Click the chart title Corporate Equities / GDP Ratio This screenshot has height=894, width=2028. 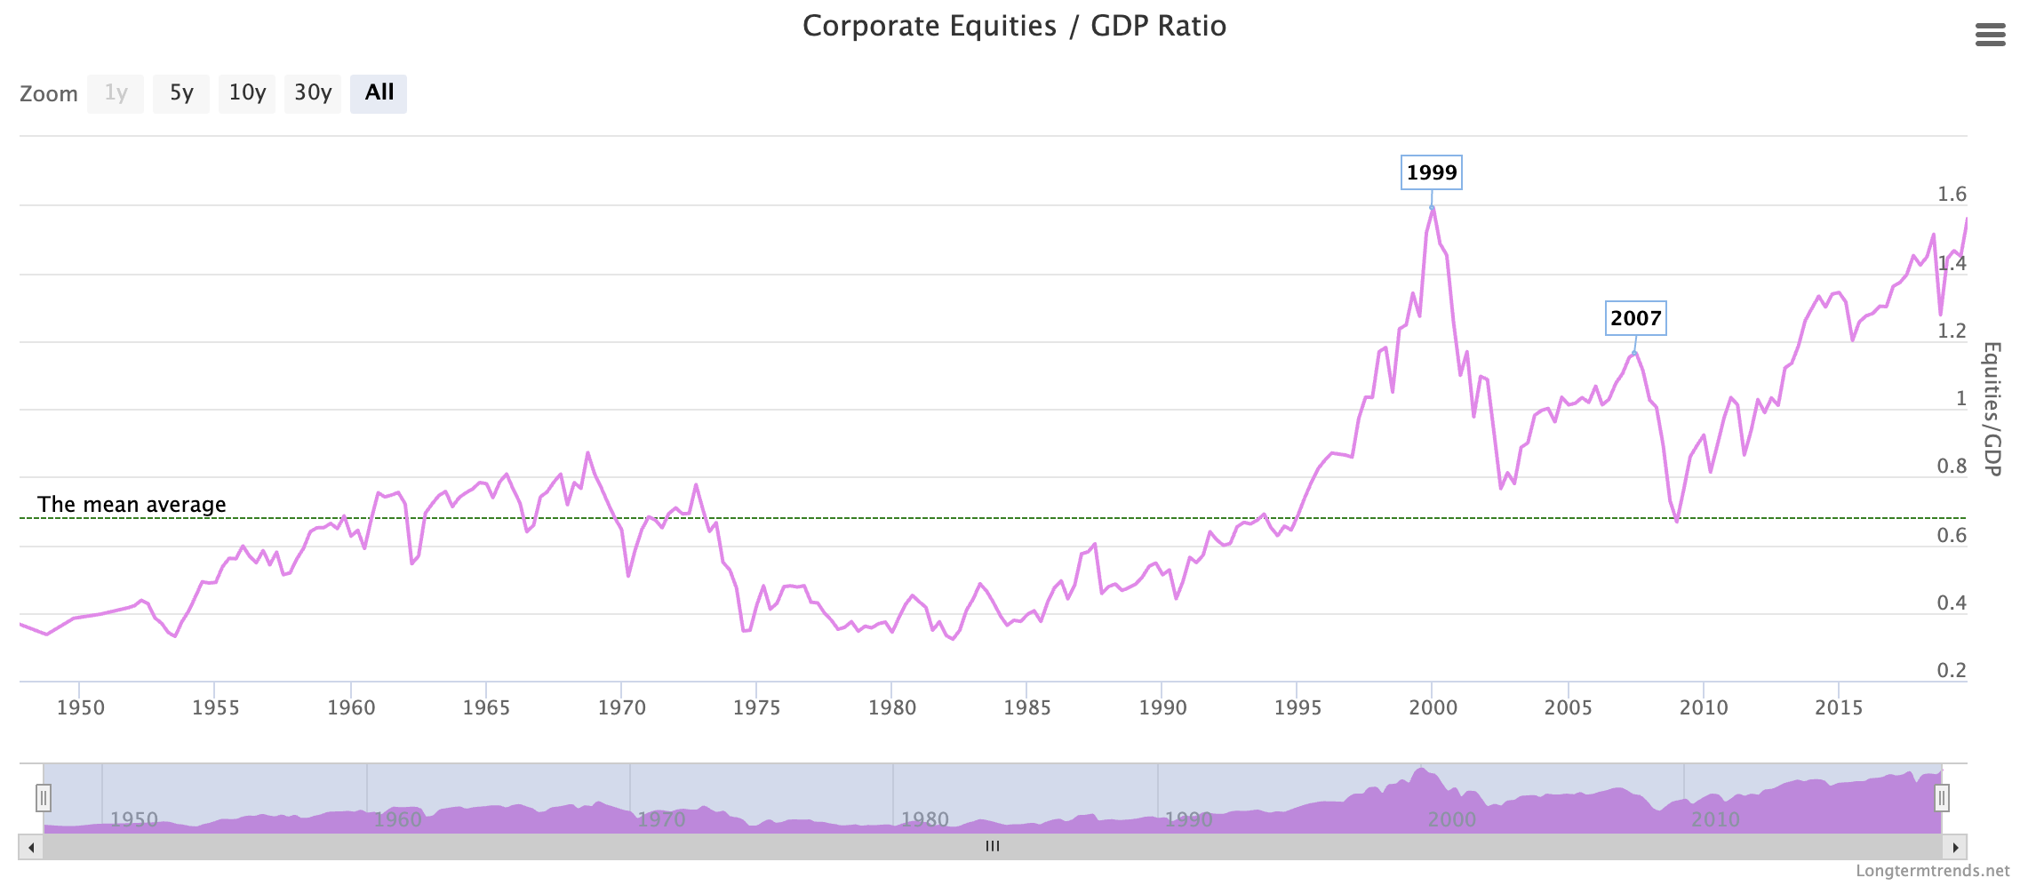[1014, 27]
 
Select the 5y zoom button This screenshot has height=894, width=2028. [181, 93]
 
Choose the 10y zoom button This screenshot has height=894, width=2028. [247, 93]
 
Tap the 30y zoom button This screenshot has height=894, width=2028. [313, 93]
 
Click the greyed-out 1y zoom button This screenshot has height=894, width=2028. [116, 93]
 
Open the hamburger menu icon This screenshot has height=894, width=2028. [1991, 35]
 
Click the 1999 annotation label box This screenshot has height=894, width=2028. [1432, 172]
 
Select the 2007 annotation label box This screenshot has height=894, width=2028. [1635, 318]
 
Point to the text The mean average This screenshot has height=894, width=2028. [132, 505]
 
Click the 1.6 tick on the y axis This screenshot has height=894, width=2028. [1952, 195]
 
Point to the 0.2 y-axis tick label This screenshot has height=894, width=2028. [1952, 671]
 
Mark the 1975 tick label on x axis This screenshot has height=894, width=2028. [756, 708]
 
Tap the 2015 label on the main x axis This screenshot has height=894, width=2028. [1838, 708]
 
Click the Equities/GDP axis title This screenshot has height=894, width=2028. [1992, 409]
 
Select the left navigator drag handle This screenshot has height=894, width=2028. [44, 798]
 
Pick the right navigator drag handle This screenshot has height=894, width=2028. [1942, 798]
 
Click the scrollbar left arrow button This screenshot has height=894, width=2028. [31, 847]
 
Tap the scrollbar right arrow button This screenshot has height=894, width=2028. [1955, 847]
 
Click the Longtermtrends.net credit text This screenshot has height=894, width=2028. [1932, 871]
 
